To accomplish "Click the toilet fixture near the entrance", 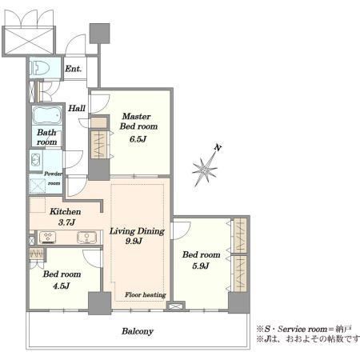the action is click(39, 68).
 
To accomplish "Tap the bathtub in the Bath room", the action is click(47, 115).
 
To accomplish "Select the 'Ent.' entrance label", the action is click(73, 69).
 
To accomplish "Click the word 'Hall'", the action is click(77, 108).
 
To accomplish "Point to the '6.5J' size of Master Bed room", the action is click(138, 139).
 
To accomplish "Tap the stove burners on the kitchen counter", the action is click(47, 238).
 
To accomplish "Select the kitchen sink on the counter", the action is click(87, 238).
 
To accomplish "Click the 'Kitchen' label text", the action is click(66, 211).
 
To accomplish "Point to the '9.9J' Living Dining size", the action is click(134, 241).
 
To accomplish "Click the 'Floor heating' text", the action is click(146, 294).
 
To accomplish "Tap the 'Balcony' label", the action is click(138, 331).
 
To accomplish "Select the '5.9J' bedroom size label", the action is click(201, 266).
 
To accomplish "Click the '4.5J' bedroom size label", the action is click(62, 286).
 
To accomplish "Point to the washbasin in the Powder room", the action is click(36, 160).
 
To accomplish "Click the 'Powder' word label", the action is click(53, 174).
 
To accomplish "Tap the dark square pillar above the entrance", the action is click(100, 34).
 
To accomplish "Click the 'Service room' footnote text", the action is click(302, 329).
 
